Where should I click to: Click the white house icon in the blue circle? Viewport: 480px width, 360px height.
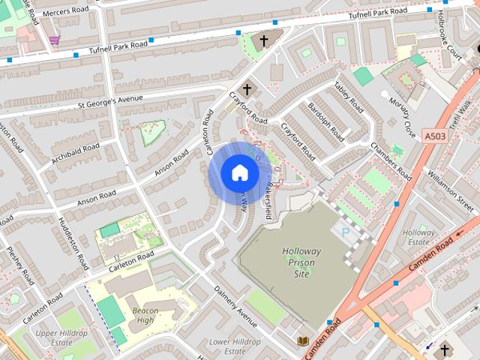(239, 173)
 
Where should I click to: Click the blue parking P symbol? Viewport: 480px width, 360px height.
(345, 233)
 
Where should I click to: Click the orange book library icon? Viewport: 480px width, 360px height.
(302, 341)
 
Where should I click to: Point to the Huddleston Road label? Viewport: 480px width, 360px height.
(73, 243)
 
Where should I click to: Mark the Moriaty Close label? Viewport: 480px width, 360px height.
(402, 117)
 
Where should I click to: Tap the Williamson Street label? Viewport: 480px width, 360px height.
(451, 191)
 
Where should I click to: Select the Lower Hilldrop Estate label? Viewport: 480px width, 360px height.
(235, 346)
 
